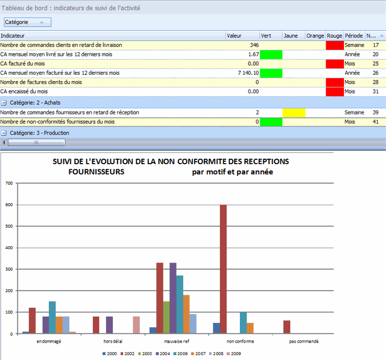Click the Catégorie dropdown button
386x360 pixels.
27,22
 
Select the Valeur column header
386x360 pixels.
234,35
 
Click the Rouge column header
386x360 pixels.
334,35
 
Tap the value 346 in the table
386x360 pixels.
254,45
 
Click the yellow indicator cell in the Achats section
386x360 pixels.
294,112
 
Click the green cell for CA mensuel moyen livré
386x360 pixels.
271,55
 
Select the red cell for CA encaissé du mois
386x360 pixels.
334,91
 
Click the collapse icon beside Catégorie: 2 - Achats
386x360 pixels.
3,102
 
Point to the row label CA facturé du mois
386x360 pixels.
22,64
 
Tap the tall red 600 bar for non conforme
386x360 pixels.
223,269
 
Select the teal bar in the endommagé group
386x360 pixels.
52,317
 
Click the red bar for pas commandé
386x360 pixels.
287,327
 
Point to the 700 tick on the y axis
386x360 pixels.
8,183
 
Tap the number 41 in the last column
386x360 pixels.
375,122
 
